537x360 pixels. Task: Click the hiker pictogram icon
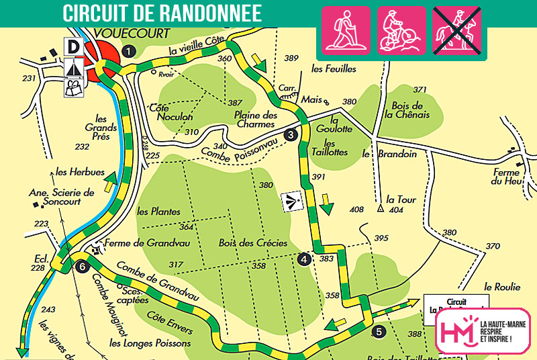point(347,30)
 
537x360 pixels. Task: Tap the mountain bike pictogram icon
point(401,30)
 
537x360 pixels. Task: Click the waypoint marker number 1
point(130,50)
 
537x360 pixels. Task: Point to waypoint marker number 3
point(291,134)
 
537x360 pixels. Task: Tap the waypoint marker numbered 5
point(379,330)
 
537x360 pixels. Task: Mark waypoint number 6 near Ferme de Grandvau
point(82,266)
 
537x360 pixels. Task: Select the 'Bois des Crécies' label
point(253,243)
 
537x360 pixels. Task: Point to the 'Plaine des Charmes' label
point(256,119)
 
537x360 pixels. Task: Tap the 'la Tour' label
point(401,199)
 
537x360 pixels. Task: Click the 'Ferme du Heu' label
point(506,177)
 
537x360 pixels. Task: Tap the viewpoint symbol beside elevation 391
point(291,200)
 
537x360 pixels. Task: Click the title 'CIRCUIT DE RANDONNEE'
point(162,11)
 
